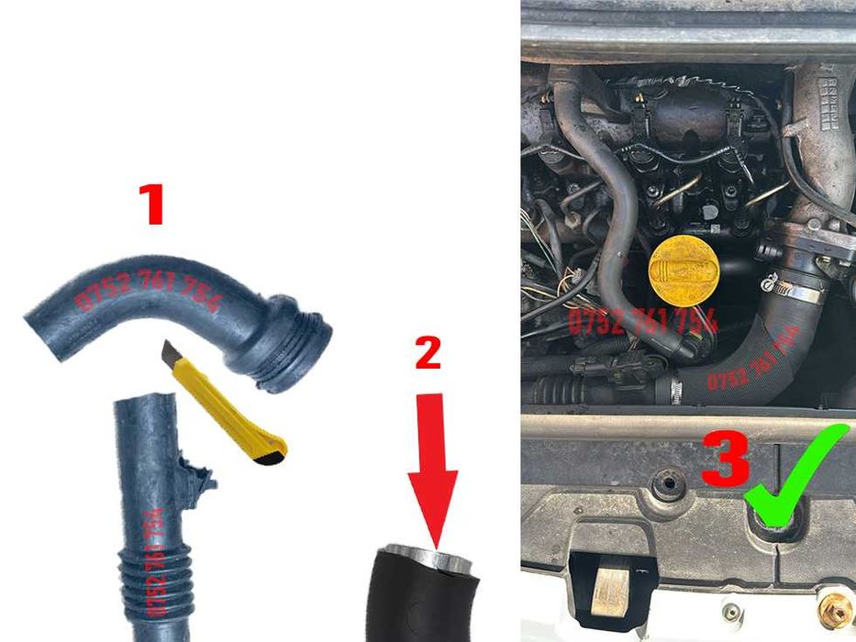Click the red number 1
coord(150,204)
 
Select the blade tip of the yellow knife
coord(169,349)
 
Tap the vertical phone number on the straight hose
coord(157,559)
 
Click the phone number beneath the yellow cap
coord(642,320)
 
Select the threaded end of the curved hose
coord(298,341)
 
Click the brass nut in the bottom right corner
coord(836,610)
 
